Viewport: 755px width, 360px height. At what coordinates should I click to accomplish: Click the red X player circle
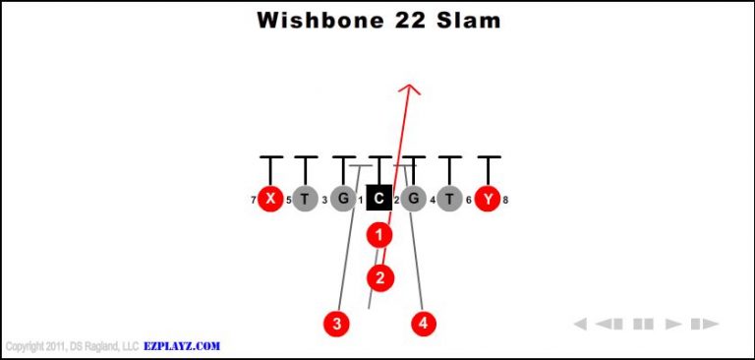[269, 199]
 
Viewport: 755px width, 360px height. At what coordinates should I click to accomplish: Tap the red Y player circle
[488, 199]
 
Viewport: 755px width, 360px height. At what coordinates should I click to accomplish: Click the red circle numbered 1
[379, 235]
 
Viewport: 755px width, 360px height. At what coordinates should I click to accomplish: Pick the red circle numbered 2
[380, 277]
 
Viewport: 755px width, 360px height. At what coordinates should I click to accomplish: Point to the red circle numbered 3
[337, 323]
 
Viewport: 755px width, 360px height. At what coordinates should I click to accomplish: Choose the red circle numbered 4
[424, 323]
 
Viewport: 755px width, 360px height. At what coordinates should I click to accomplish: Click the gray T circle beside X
[305, 199]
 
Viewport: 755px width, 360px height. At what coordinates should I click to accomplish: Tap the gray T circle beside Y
[450, 199]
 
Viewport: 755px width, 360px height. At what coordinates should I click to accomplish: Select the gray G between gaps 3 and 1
[342, 199]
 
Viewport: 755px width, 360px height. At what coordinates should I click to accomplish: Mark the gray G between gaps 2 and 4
[414, 199]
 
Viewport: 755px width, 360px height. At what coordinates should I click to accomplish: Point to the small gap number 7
[253, 201]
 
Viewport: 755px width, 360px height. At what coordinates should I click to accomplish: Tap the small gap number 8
[505, 201]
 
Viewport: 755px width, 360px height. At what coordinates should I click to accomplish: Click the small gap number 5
[288, 201]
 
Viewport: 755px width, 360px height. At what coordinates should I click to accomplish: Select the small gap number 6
[469, 201]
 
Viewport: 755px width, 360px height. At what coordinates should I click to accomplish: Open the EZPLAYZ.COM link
[182, 346]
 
